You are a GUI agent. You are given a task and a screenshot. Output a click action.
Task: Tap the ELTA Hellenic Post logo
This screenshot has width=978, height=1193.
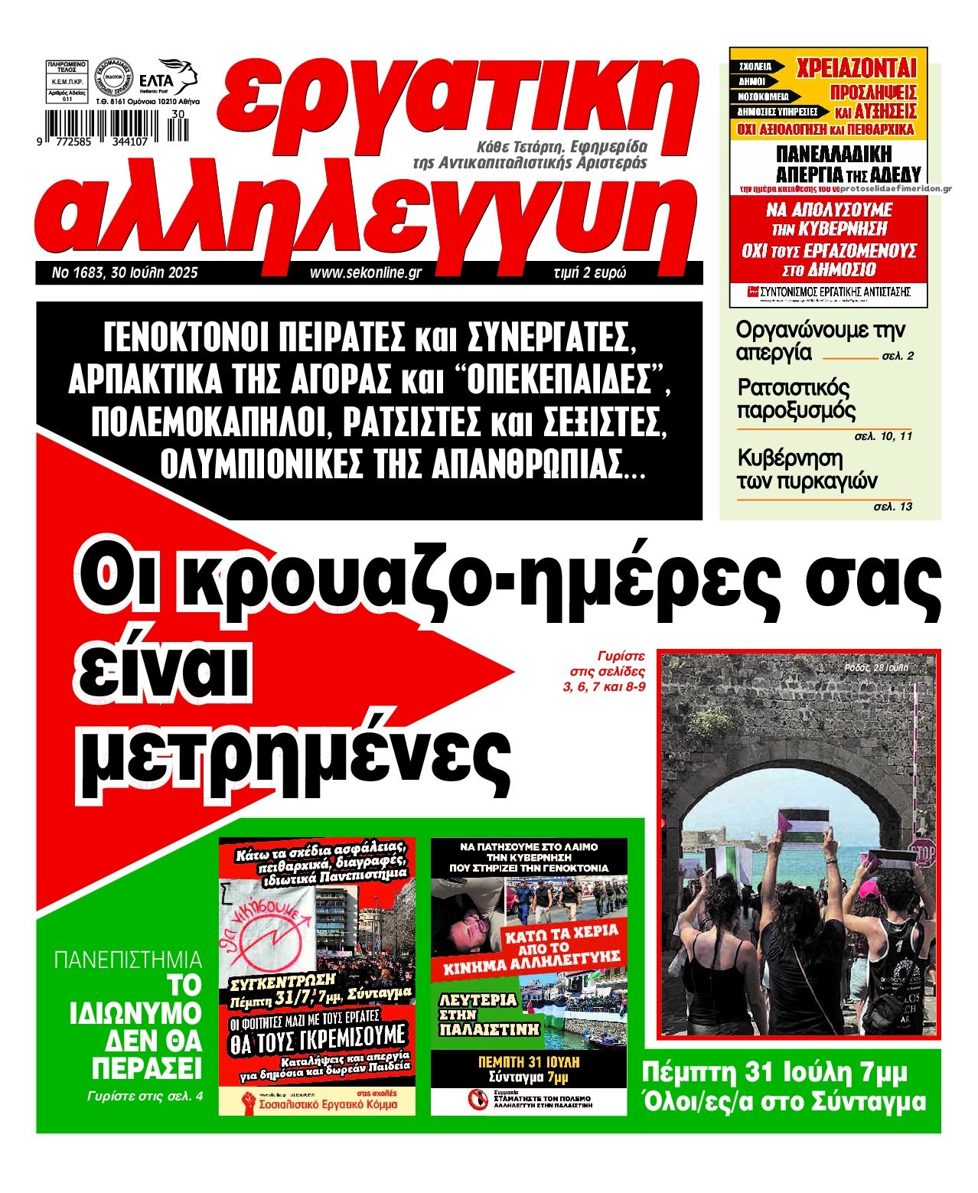(x=177, y=79)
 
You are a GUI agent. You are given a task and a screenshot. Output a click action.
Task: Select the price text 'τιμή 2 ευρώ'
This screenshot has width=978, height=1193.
(x=588, y=272)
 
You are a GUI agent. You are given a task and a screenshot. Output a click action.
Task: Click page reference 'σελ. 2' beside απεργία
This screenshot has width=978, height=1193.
(x=898, y=357)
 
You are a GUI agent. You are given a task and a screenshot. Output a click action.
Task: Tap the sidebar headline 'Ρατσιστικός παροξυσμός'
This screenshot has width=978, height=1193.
(x=796, y=399)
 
